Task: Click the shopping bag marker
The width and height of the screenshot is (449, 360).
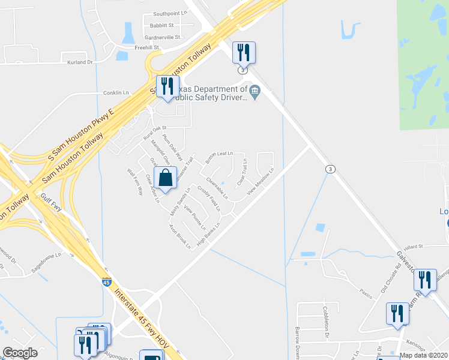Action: (x=165, y=178)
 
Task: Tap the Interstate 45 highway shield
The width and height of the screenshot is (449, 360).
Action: (x=106, y=282)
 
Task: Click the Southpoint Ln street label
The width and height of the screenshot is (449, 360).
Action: (x=170, y=13)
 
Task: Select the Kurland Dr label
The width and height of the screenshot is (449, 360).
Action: (x=81, y=62)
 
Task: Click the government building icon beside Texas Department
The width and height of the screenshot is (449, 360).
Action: (x=255, y=92)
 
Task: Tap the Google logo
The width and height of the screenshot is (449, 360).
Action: (x=20, y=353)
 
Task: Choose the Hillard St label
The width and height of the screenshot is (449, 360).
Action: (x=414, y=246)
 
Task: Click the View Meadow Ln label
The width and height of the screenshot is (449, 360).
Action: (x=260, y=181)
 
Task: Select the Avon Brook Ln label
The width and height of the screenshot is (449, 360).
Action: (x=179, y=236)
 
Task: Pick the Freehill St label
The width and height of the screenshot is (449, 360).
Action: (x=146, y=47)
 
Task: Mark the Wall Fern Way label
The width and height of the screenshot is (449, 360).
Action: (x=135, y=181)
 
